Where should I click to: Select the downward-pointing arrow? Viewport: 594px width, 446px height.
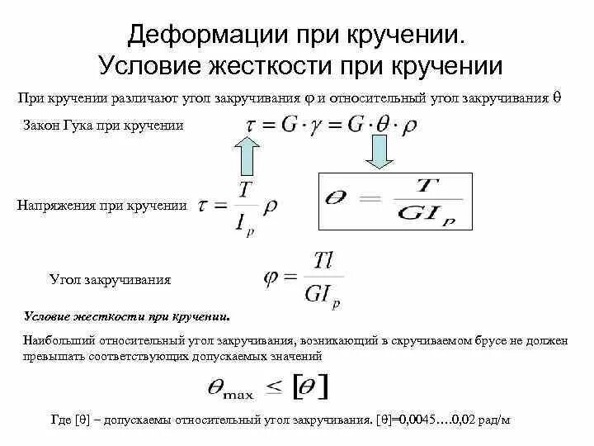[379, 151]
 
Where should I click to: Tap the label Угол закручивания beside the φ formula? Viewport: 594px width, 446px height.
[111, 279]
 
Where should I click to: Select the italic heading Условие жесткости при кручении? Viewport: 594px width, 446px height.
[128, 316]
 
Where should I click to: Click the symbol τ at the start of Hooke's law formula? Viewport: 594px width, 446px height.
[251, 125]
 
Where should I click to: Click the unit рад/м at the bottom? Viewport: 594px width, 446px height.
[493, 420]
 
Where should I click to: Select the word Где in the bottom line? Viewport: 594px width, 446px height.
[61, 420]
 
